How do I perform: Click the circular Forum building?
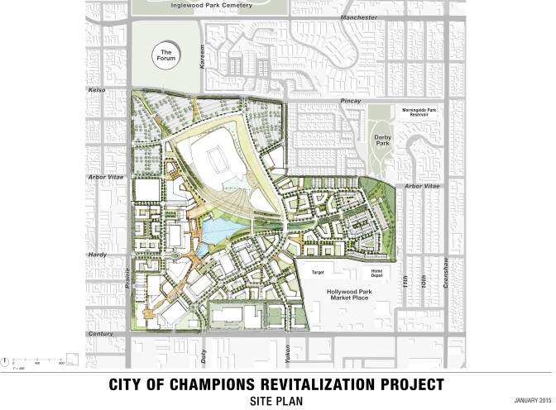(x=167, y=56)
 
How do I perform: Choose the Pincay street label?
(x=352, y=101)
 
